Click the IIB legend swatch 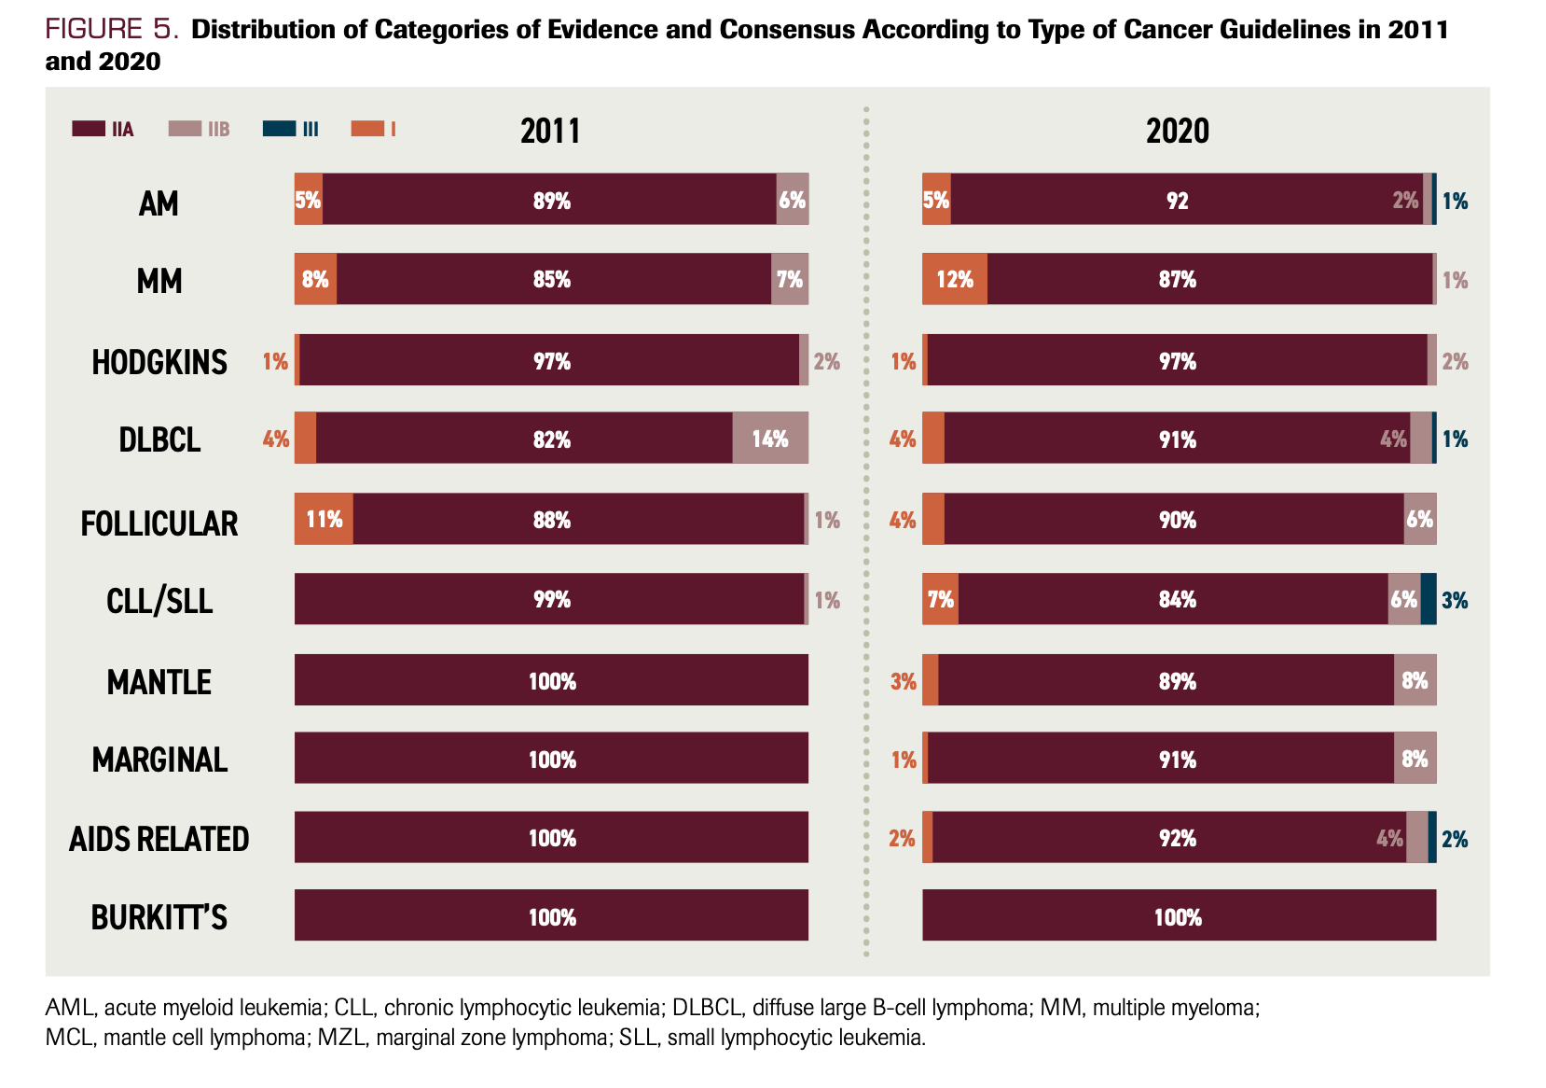(x=185, y=129)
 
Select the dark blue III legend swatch (x=279, y=129)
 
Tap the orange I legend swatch (x=367, y=129)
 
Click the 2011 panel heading (x=550, y=131)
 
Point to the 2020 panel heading (x=1177, y=131)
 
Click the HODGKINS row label (x=159, y=362)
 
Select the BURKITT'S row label (x=159, y=918)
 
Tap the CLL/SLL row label (x=159, y=601)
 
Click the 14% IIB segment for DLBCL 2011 (x=770, y=439)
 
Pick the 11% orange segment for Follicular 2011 (x=324, y=519)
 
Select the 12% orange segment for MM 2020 (x=955, y=279)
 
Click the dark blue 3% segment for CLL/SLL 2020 (x=1429, y=599)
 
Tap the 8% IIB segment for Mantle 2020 (x=1415, y=680)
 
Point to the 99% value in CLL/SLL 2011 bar (x=552, y=600)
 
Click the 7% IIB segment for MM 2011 (x=790, y=279)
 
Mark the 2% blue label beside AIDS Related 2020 (x=1455, y=839)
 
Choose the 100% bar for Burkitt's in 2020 (x=1179, y=916)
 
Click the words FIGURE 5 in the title (x=111, y=30)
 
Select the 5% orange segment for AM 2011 (x=308, y=200)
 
